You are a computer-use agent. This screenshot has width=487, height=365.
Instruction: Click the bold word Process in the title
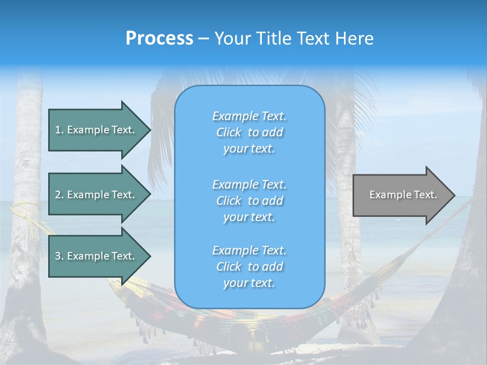tap(159, 39)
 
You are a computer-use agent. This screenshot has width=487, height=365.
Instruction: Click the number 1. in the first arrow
tap(59, 130)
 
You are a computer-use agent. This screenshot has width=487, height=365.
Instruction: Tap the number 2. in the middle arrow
tap(59, 195)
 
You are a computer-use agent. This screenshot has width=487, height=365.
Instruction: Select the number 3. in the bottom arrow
tap(59, 256)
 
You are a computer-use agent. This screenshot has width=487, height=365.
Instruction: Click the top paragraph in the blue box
tap(249, 132)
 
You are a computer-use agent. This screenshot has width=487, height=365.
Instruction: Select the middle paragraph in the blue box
tap(249, 201)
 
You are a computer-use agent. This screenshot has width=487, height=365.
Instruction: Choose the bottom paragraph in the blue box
tap(249, 267)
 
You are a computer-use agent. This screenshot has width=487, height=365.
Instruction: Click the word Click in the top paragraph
tap(229, 132)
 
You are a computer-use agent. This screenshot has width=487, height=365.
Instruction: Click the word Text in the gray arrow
tap(426, 195)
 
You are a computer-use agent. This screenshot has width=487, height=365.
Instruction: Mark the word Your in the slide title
tap(230, 39)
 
